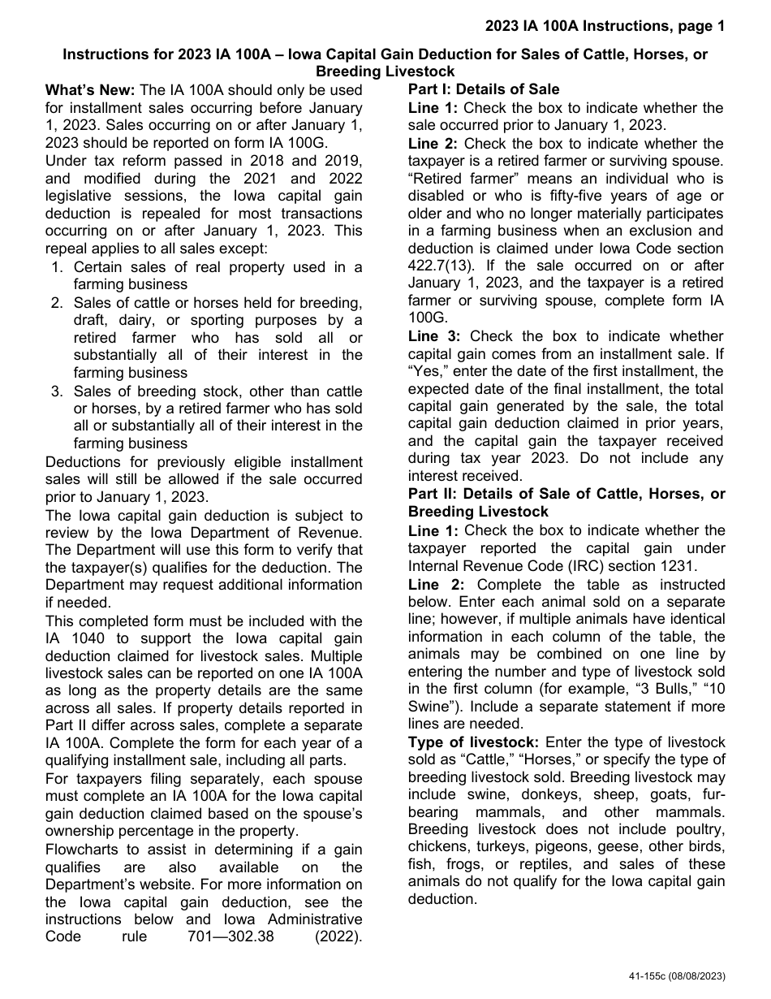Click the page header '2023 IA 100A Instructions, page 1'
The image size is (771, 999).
pos(605,26)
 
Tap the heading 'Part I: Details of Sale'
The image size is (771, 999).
pos(484,90)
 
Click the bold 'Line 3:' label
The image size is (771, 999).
pos(434,336)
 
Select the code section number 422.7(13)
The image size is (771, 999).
pos(445,266)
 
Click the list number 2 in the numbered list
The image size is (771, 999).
pos(56,303)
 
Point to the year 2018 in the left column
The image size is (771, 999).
pos(226,161)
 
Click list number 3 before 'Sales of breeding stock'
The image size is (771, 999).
pos(56,391)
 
